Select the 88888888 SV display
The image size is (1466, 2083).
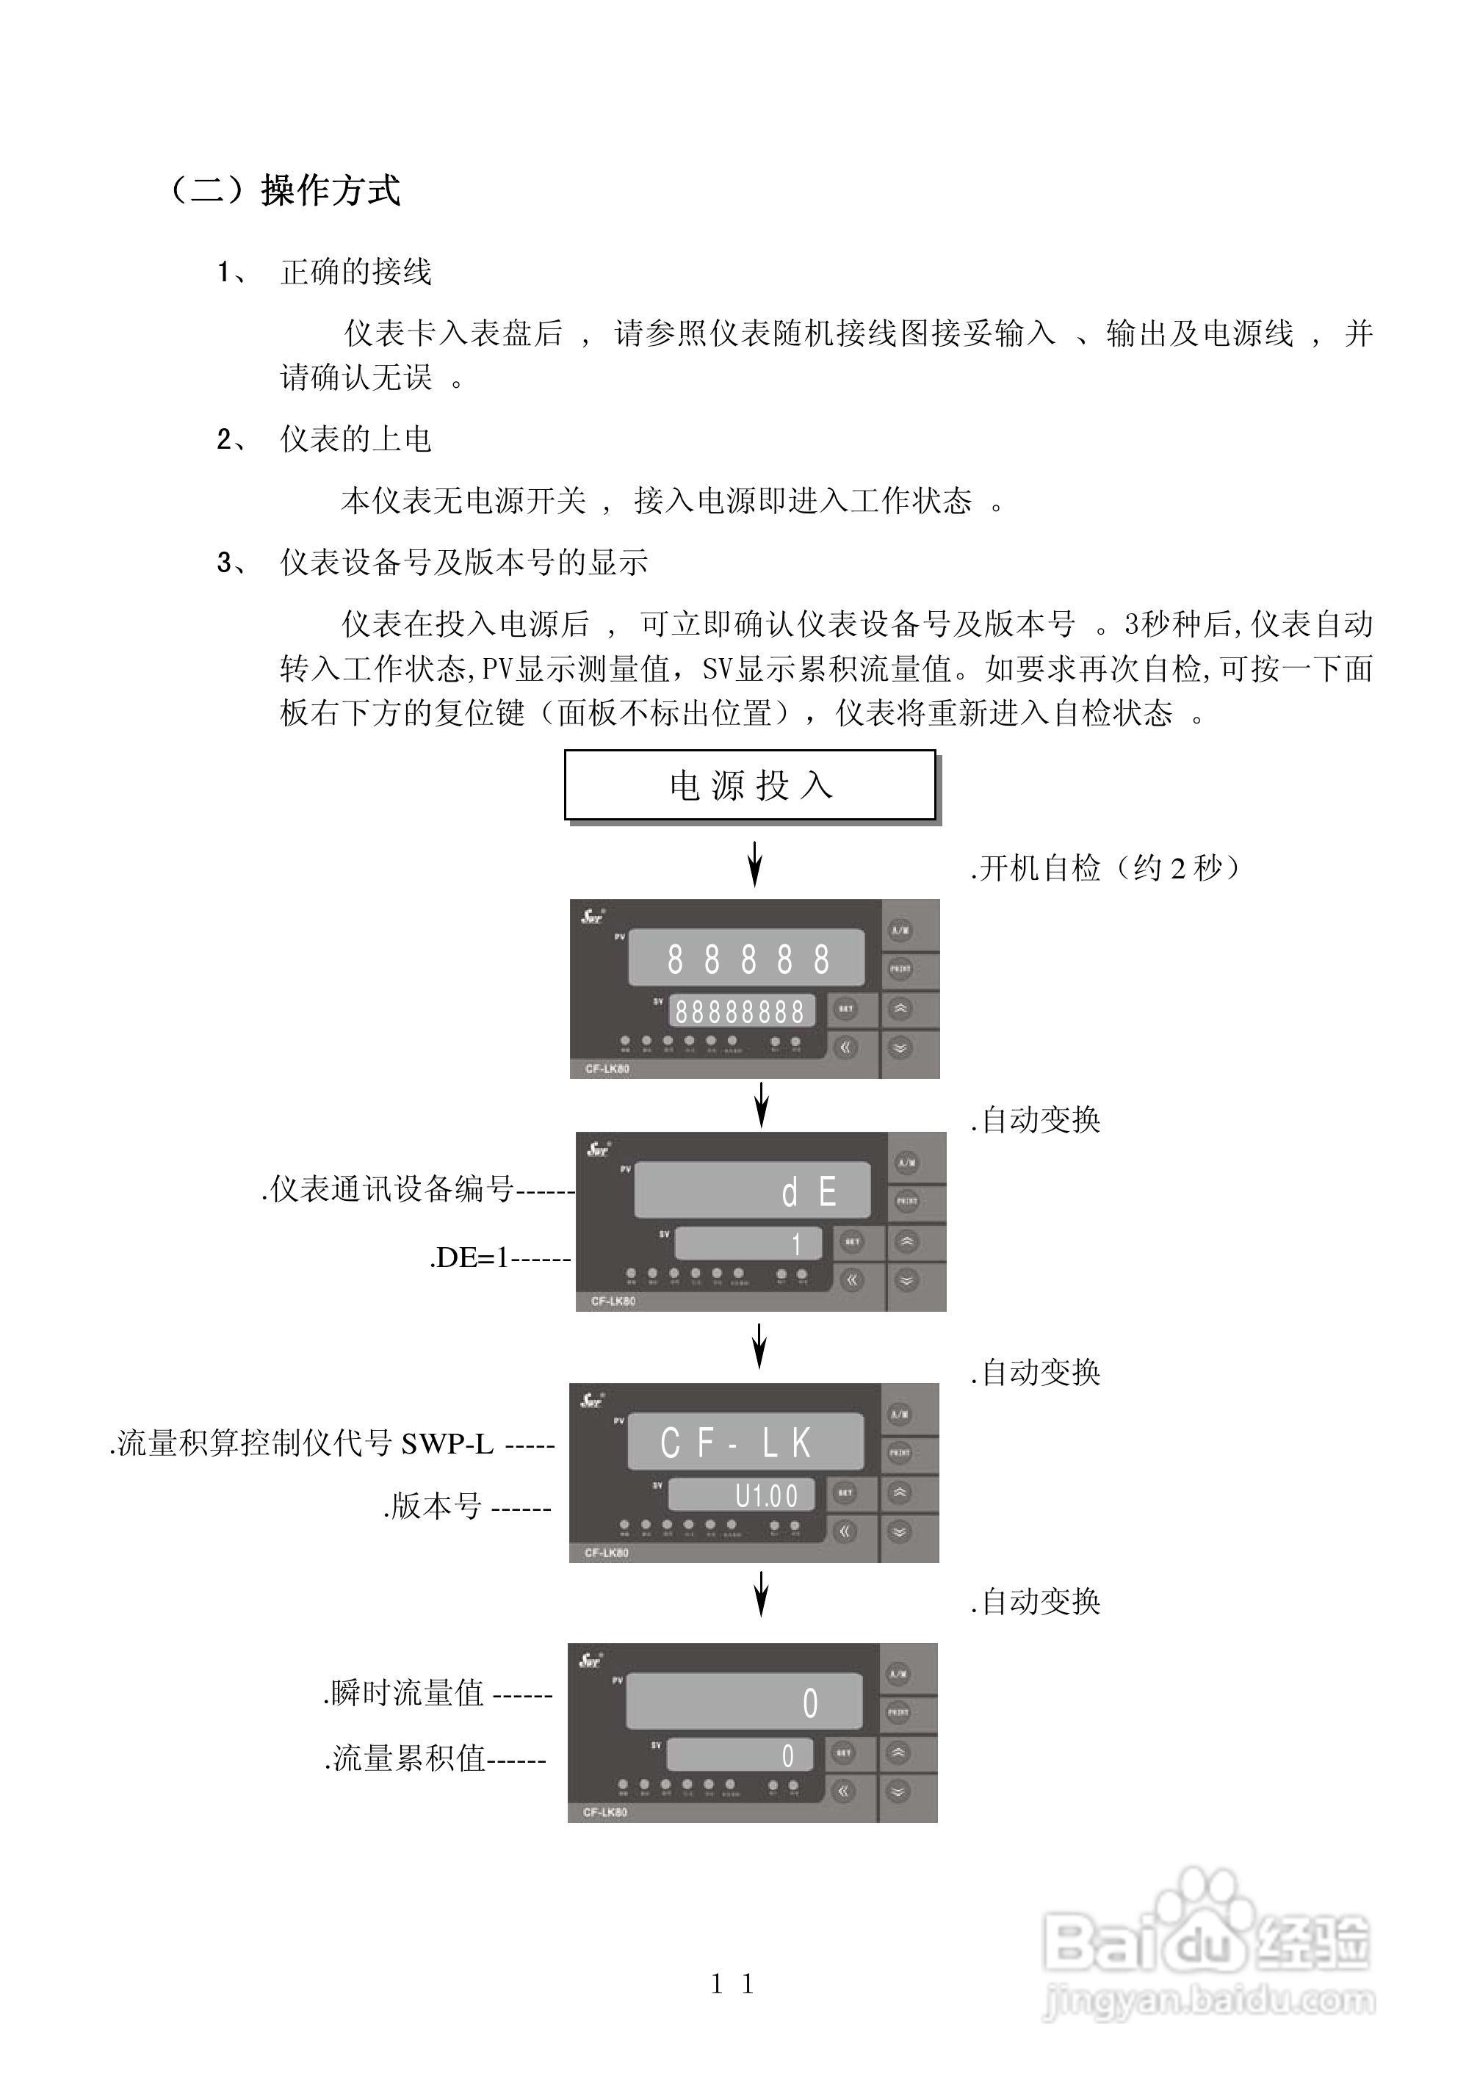(x=741, y=1011)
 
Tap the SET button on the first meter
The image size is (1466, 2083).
(x=845, y=1009)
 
